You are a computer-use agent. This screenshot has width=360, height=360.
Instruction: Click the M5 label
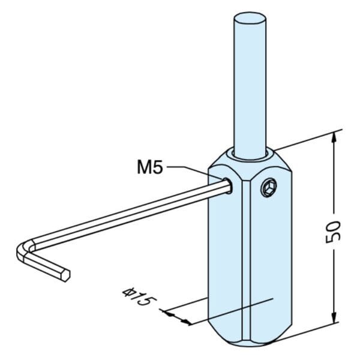point(149,167)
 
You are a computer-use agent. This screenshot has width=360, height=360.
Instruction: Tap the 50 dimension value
point(334,232)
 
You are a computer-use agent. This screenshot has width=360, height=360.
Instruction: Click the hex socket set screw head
point(269,188)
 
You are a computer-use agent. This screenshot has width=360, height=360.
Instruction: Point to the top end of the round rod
point(250,19)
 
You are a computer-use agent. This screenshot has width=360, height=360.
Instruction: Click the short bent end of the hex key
point(47,266)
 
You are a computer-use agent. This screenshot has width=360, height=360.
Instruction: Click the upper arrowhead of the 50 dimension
point(334,139)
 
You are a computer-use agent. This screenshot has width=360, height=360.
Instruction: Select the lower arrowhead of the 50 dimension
point(335,317)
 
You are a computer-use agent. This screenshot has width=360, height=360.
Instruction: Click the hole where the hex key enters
point(228,185)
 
